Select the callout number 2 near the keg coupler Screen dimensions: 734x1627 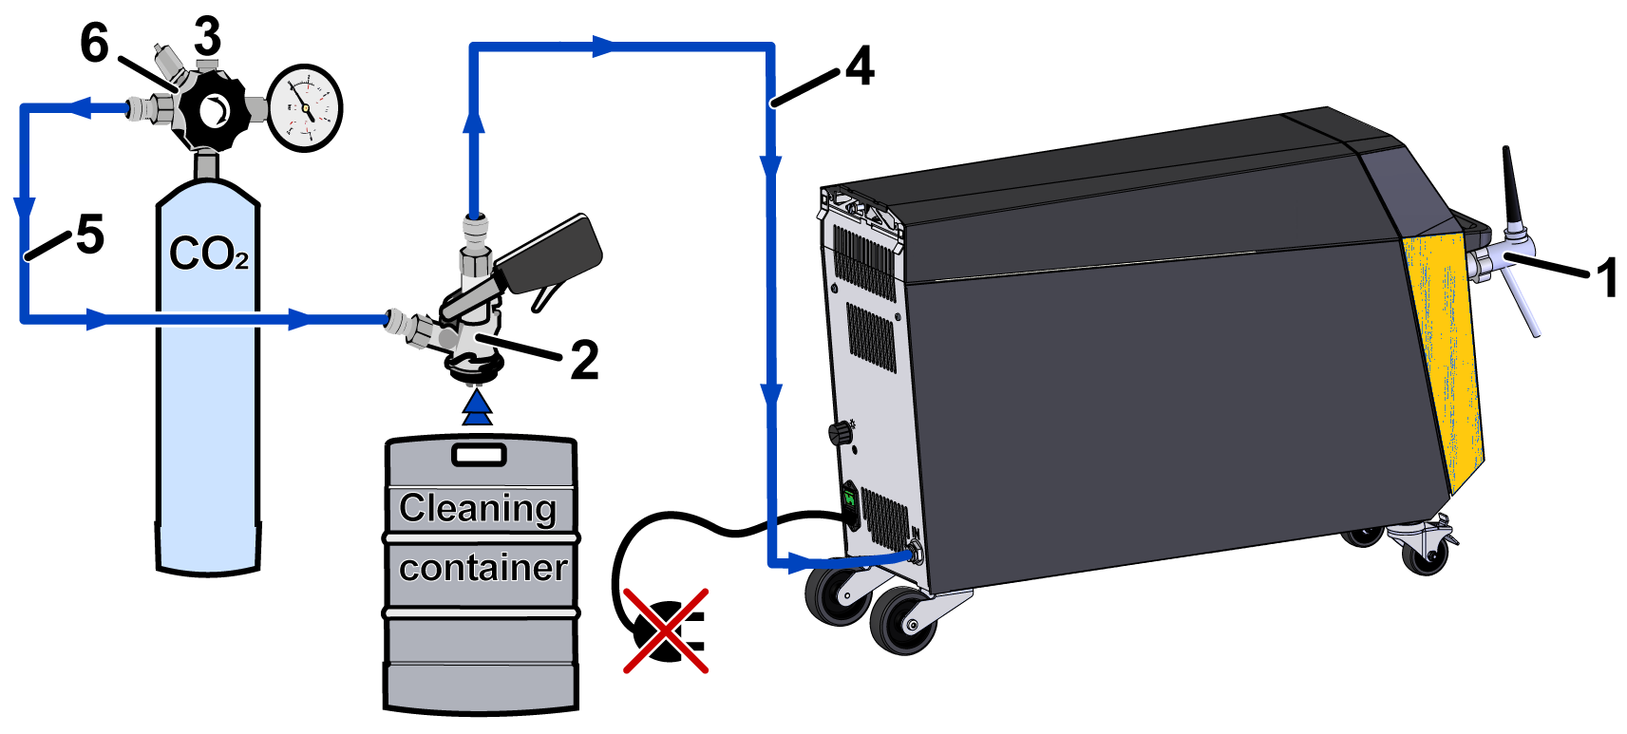point(584,361)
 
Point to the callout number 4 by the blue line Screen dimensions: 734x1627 point(859,66)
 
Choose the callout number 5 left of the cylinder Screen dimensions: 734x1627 point(89,235)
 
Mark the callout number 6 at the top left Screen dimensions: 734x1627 point(94,43)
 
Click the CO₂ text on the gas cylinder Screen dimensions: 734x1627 point(208,254)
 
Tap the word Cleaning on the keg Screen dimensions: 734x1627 point(478,508)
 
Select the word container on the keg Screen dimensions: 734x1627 point(482,568)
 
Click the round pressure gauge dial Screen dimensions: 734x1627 point(305,108)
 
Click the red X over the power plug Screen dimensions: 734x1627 point(666,630)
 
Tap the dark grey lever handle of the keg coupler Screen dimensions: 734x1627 point(551,253)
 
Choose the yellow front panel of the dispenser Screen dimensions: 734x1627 point(1444,351)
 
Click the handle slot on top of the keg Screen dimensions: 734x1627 point(480,454)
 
